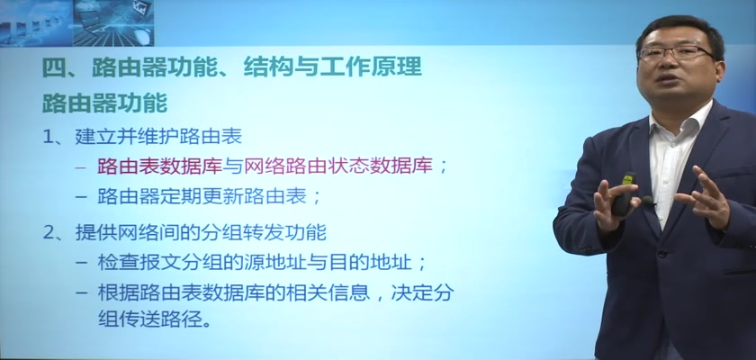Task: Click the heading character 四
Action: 53,67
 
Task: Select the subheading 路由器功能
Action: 104,103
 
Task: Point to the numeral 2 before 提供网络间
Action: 49,233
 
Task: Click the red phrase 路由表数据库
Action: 159,166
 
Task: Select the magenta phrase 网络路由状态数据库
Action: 338,166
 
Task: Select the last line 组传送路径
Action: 154,319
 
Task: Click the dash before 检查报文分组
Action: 82,264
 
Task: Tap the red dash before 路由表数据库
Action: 82,167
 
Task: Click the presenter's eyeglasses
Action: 676,52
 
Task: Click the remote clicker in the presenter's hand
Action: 624,193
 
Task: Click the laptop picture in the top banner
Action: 113,22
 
